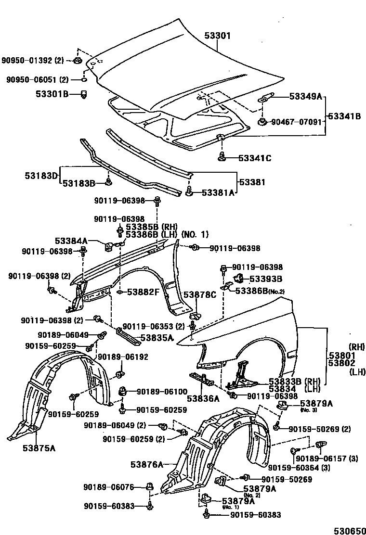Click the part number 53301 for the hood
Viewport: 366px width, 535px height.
pyautogui.click(x=218, y=36)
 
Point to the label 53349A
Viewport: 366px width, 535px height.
pyautogui.click(x=305, y=96)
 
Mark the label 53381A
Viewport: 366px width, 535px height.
pyautogui.click(x=218, y=193)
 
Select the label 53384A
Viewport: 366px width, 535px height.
pyautogui.click(x=71, y=241)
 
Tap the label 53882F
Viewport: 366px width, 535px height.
pyautogui.click(x=143, y=292)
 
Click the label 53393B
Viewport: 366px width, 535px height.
pyautogui.click(x=265, y=279)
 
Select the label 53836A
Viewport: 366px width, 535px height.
pyautogui.click(x=203, y=398)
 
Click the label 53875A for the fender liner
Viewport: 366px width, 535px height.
pyautogui.click(x=39, y=448)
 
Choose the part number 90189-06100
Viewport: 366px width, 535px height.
pyautogui.click(x=162, y=392)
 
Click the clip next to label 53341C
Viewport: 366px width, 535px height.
pyautogui.click(x=222, y=156)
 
